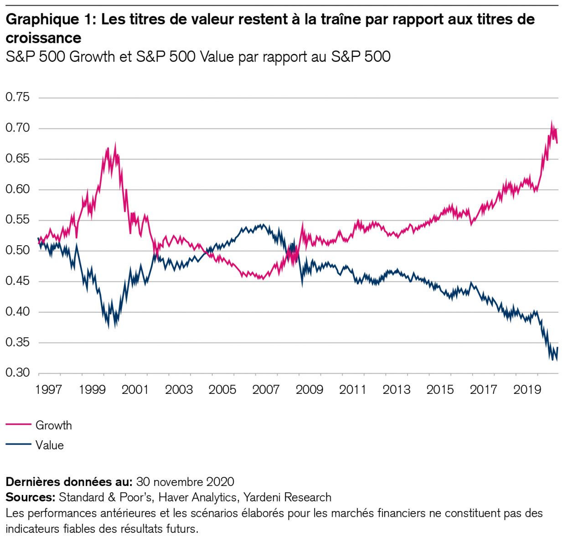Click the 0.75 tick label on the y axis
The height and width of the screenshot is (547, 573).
(17, 97)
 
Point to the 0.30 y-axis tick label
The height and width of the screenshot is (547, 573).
(17, 373)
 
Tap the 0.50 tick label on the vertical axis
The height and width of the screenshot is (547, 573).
(17, 250)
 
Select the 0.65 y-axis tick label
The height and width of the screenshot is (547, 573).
(17, 159)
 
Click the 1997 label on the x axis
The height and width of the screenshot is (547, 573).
(49, 390)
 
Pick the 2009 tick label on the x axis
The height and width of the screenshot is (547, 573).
(310, 390)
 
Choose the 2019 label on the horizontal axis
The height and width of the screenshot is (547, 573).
(527, 390)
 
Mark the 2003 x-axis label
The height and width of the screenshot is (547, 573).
(179, 390)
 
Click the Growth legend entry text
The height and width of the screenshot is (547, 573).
(54, 425)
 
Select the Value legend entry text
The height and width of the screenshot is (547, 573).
(50, 445)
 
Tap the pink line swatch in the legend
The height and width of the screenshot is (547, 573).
(19, 425)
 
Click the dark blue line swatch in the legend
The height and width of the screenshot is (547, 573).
(19, 445)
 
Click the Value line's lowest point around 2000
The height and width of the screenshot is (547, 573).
(108, 327)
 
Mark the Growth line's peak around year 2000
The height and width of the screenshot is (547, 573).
(115, 145)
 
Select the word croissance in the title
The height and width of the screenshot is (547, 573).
(43, 38)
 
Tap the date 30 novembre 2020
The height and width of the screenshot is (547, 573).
(185, 482)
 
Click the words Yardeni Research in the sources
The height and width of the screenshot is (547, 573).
(287, 497)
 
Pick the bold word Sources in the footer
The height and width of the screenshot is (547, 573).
(30, 497)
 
